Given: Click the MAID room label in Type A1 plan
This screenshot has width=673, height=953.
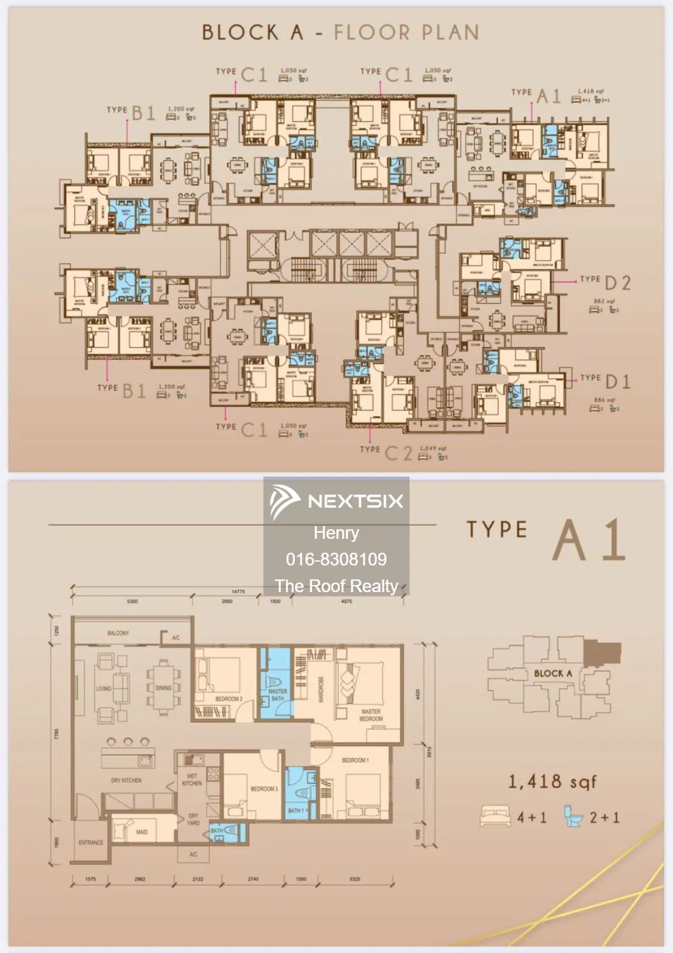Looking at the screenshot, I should [142, 832].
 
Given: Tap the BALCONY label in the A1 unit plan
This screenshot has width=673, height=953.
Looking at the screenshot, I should [118, 633].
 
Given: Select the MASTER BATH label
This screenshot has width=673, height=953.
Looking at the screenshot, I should [278, 694].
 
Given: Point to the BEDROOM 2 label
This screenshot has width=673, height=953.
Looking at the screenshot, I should [229, 699].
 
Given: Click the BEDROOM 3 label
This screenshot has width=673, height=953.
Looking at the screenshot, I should [264, 789].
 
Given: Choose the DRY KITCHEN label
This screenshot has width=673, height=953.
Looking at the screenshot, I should [126, 780].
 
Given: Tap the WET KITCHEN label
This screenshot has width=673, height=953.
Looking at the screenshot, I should [192, 780].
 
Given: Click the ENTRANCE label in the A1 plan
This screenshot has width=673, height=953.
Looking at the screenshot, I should [91, 842].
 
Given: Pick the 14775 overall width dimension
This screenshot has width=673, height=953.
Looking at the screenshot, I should [238, 591].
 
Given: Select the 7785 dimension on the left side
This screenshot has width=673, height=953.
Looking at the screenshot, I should [57, 734].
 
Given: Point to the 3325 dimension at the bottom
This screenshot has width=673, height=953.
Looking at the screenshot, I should [355, 879].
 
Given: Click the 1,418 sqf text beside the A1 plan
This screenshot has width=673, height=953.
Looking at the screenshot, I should [552, 781].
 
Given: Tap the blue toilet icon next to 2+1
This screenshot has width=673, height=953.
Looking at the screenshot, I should [573, 816].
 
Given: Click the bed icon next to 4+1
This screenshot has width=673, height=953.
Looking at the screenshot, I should [496, 816].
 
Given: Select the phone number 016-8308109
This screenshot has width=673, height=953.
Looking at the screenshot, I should [336, 559].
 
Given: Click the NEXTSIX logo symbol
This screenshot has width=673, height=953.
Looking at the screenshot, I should [284, 501].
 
